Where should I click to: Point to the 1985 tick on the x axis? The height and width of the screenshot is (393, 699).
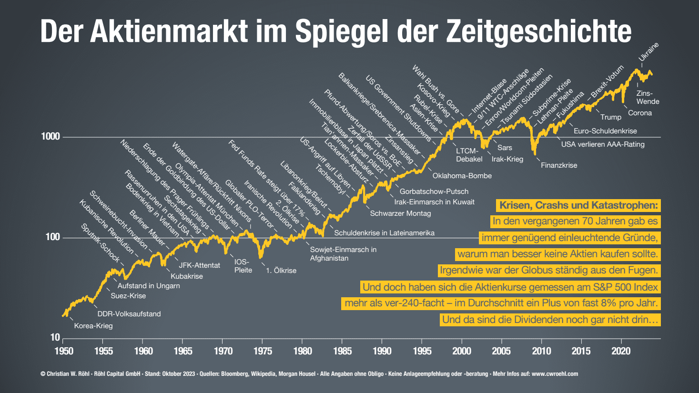tap(342, 351)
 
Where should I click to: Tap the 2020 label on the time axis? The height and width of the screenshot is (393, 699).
tap(621, 351)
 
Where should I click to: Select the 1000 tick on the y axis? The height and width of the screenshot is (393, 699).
tap(51, 137)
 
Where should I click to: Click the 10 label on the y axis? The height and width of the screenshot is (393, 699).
tap(55, 338)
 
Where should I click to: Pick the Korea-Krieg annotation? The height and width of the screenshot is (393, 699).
tap(93, 326)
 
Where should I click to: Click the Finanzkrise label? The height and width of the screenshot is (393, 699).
tap(559, 165)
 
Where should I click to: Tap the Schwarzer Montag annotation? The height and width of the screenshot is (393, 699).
tap(400, 213)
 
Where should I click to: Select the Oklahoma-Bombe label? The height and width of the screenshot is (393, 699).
tap(462, 176)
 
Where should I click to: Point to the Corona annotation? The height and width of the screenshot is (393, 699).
tap(639, 113)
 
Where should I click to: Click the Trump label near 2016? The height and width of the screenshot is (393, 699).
tap(610, 117)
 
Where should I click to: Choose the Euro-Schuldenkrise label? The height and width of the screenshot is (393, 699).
tap(605, 131)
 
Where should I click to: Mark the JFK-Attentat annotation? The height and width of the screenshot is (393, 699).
tap(199, 265)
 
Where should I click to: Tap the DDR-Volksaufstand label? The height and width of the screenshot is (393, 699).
tap(129, 314)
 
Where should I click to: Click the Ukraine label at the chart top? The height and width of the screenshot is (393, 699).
tap(648, 52)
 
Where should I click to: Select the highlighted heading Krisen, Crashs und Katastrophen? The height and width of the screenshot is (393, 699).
tap(578, 205)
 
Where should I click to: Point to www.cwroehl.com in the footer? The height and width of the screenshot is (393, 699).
tap(555, 374)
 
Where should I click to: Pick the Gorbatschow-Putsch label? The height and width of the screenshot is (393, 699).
tap(434, 191)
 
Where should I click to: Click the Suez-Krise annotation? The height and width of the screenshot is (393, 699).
tap(128, 296)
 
